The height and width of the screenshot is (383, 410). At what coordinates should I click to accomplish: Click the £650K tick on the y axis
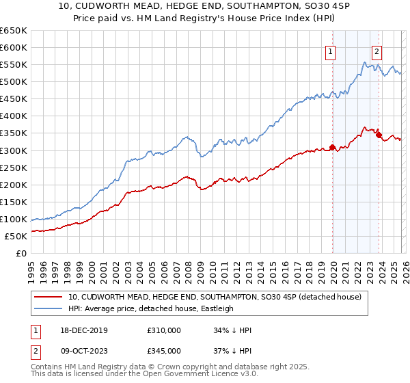[x=14, y=31]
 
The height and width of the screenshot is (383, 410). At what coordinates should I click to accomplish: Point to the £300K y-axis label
[x=14, y=150]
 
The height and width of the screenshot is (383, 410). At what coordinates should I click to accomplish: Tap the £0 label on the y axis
[x=22, y=253]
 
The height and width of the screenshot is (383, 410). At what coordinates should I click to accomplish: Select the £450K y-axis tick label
[x=14, y=99]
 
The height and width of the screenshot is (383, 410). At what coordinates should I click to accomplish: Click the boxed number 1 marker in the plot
[x=331, y=51]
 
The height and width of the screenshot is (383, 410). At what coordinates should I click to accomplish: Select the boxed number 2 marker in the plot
[x=377, y=51]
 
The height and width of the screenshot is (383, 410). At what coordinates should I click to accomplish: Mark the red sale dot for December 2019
[x=332, y=147]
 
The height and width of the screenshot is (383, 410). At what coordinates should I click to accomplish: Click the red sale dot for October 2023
[x=379, y=135]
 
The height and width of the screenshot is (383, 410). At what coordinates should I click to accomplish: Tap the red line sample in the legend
[x=49, y=297]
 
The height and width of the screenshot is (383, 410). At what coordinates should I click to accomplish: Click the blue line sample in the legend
[x=49, y=308]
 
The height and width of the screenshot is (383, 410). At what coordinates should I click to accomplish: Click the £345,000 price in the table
[x=164, y=351]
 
